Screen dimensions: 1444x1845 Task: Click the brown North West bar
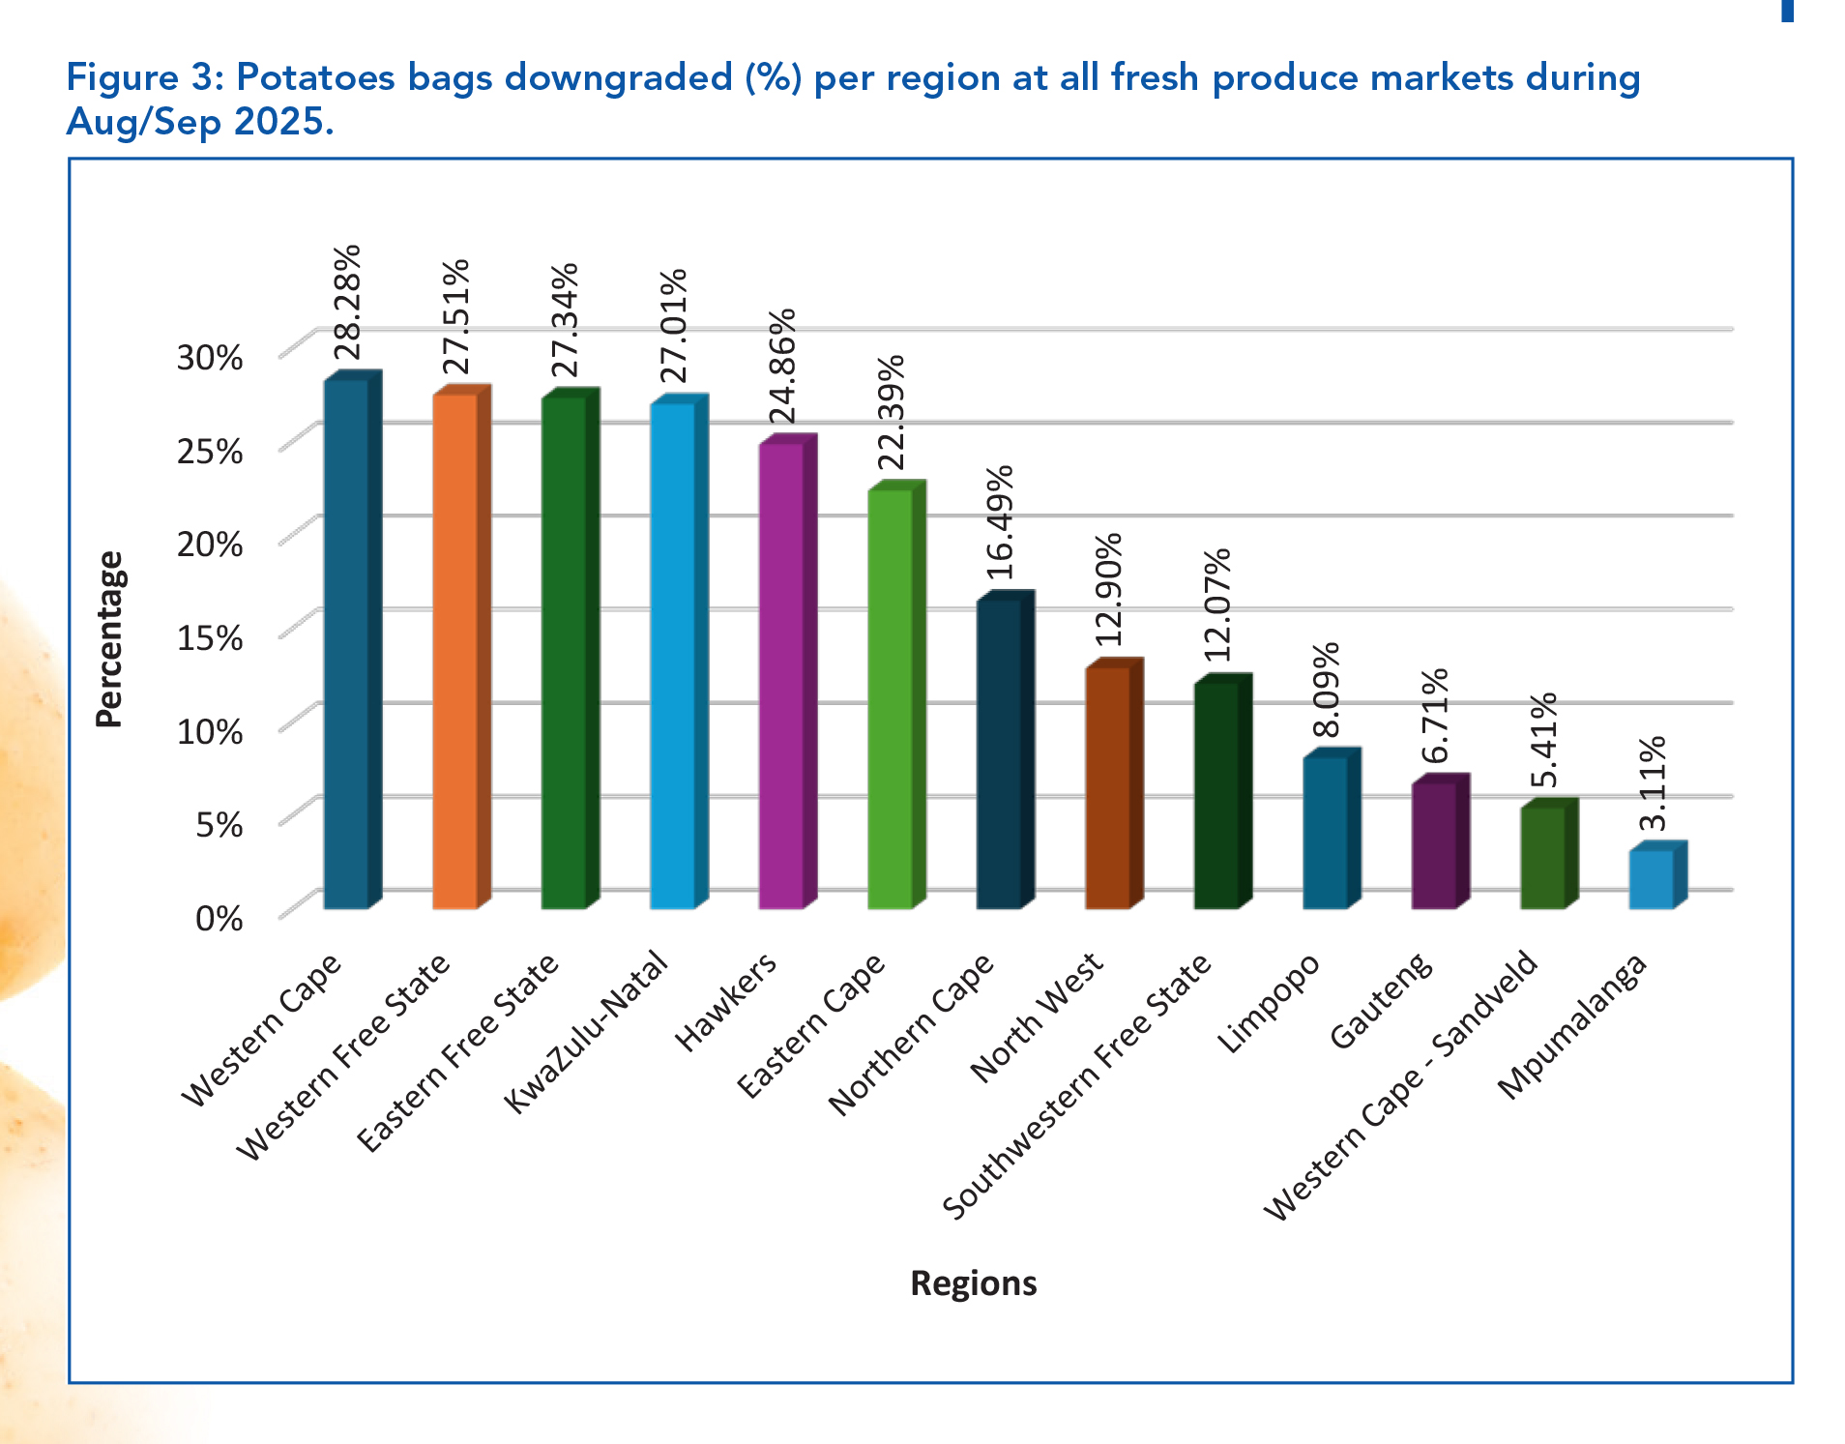click(1107, 787)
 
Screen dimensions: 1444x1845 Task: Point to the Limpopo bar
click(1325, 832)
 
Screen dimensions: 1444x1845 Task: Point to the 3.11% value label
click(1653, 782)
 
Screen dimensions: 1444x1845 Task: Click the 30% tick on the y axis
click(209, 357)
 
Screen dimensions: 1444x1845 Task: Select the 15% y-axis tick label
click(209, 637)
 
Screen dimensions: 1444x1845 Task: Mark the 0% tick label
click(219, 917)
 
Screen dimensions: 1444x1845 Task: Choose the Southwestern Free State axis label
click(1076, 1085)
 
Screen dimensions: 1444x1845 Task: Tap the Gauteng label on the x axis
click(1381, 1000)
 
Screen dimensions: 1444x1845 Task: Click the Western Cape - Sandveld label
click(1400, 1085)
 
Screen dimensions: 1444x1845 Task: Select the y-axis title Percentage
click(109, 638)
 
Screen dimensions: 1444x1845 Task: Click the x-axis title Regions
click(973, 1282)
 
